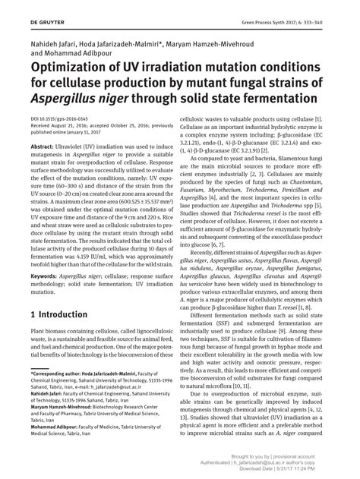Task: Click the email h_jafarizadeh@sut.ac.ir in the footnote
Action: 112,397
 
